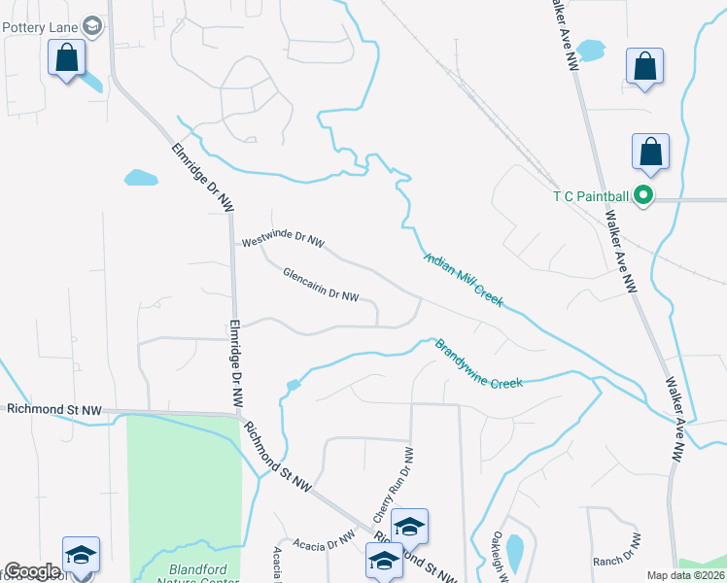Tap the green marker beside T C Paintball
(642, 196)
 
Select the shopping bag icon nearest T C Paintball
(650, 152)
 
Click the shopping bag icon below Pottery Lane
(67, 59)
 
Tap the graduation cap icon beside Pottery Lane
(93, 26)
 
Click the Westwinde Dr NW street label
(283, 239)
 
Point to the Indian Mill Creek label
(464, 280)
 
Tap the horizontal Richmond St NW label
(53, 410)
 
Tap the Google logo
(32, 572)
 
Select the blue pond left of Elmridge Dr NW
(141, 178)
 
